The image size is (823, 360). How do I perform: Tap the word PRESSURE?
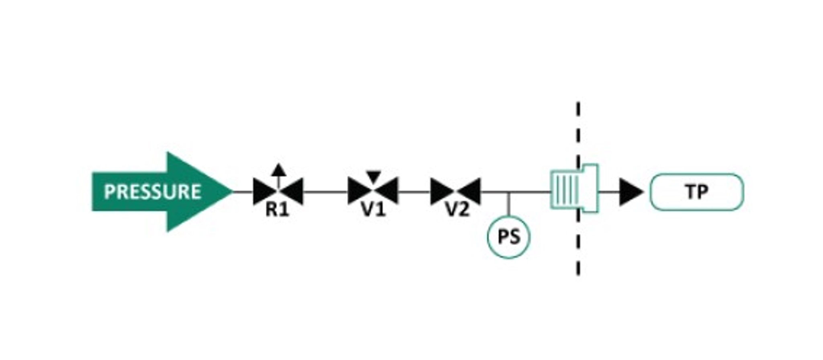pyautogui.click(x=153, y=192)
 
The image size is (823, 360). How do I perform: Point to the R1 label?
pyautogui.click(x=277, y=210)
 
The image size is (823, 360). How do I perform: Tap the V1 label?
pyautogui.click(x=373, y=209)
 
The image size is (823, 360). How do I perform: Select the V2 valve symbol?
pyautogui.click(x=455, y=191)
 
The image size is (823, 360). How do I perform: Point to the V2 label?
pyautogui.click(x=457, y=209)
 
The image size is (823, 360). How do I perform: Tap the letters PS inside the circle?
pyautogui.click(x=509, y=237)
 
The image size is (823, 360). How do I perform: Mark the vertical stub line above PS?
pyautogui.click(x=509, y=204)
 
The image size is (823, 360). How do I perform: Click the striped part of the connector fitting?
pyautogui.click(x=565, y=190)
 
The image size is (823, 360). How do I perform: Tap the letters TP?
pyautogui.click(x=697, y=192)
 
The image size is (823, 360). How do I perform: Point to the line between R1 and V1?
pyautogui.click(x=326, y=192)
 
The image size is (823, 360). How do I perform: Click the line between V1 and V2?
pyautogui.click(x=414, y=192)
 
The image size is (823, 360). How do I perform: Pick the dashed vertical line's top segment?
pyautogui.click(x=578, y=109)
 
